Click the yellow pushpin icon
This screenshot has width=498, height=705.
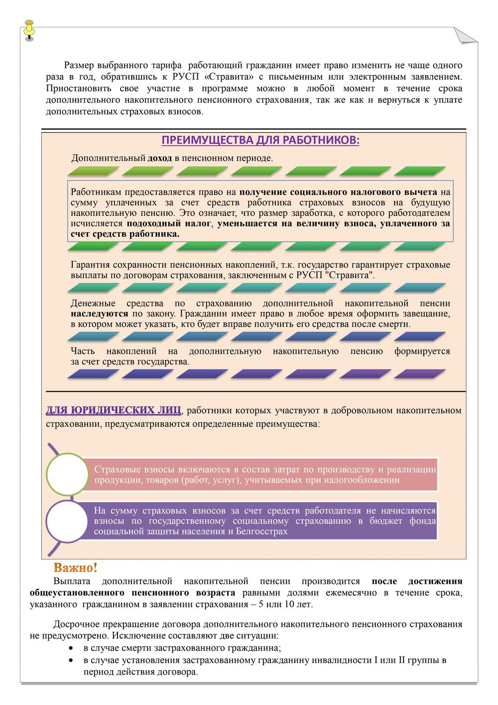[x=29, y=29]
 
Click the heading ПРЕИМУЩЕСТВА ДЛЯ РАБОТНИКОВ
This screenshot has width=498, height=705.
[x=260, y=140]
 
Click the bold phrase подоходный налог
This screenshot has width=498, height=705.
[x=169, y=224]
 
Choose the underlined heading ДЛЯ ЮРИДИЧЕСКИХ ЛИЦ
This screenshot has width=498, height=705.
[x=114, y=411]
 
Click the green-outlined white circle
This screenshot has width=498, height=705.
[x=67, y=474]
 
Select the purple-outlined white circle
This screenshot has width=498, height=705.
[x=67, y=521]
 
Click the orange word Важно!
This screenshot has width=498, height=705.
[x=75, y=568]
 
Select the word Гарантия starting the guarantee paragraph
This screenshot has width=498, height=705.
[x=90, y=265]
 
